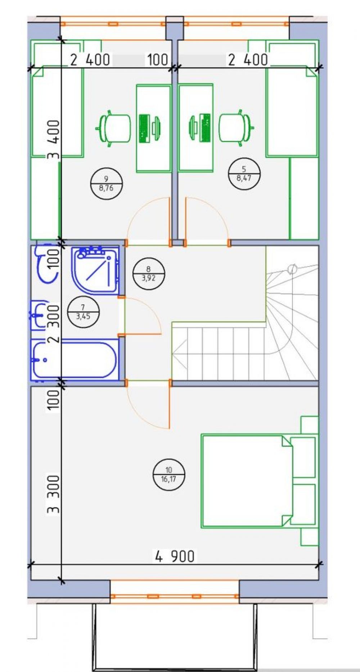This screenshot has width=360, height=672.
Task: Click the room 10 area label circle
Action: click(x=168, y=475)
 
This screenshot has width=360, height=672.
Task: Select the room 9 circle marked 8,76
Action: click(x=107, y=183)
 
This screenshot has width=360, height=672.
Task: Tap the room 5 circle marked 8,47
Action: click(x=244, y=173)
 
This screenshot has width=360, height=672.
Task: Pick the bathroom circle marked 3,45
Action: click(x=83, y=312)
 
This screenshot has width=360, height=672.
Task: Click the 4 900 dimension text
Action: click(x=175, y=556)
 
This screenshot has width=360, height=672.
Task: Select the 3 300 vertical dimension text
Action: click(x=54, y=494)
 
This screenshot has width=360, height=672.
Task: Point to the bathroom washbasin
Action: click(x=39, y=315)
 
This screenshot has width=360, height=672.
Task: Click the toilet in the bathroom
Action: click(x=46, y=263)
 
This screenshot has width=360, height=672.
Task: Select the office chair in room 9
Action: click(x=114, y=128)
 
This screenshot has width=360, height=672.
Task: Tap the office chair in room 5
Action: click(x=236, y=127)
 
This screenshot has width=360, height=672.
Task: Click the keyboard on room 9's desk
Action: click(x=144, y=128)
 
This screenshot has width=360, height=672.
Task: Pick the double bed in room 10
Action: click(x=247, y=481)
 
